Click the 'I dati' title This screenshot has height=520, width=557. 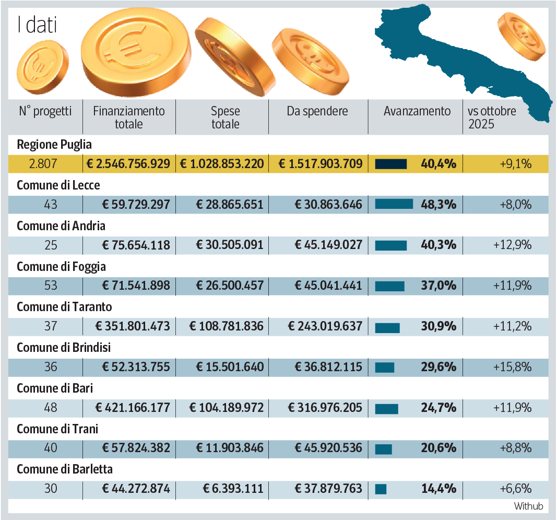coord(37,25)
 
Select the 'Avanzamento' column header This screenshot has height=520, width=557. coord(417,111)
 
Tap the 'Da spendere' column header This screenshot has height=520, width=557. coord(317,111)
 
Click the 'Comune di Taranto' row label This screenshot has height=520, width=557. coord(64,306)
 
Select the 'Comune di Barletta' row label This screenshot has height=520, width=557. coord(65,469)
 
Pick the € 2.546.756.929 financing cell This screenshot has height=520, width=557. coord(128,163)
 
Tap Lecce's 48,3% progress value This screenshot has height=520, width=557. coord(439,205)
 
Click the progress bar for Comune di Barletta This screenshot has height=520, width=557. coord(381,489)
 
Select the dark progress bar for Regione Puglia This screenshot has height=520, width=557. coord(391,164)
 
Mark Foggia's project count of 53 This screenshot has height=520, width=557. coord(51,286)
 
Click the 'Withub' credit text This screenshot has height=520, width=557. coord(528,506)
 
